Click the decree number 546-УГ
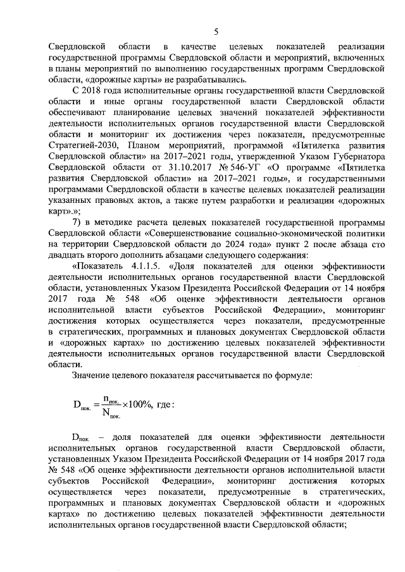tap(233, 166)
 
